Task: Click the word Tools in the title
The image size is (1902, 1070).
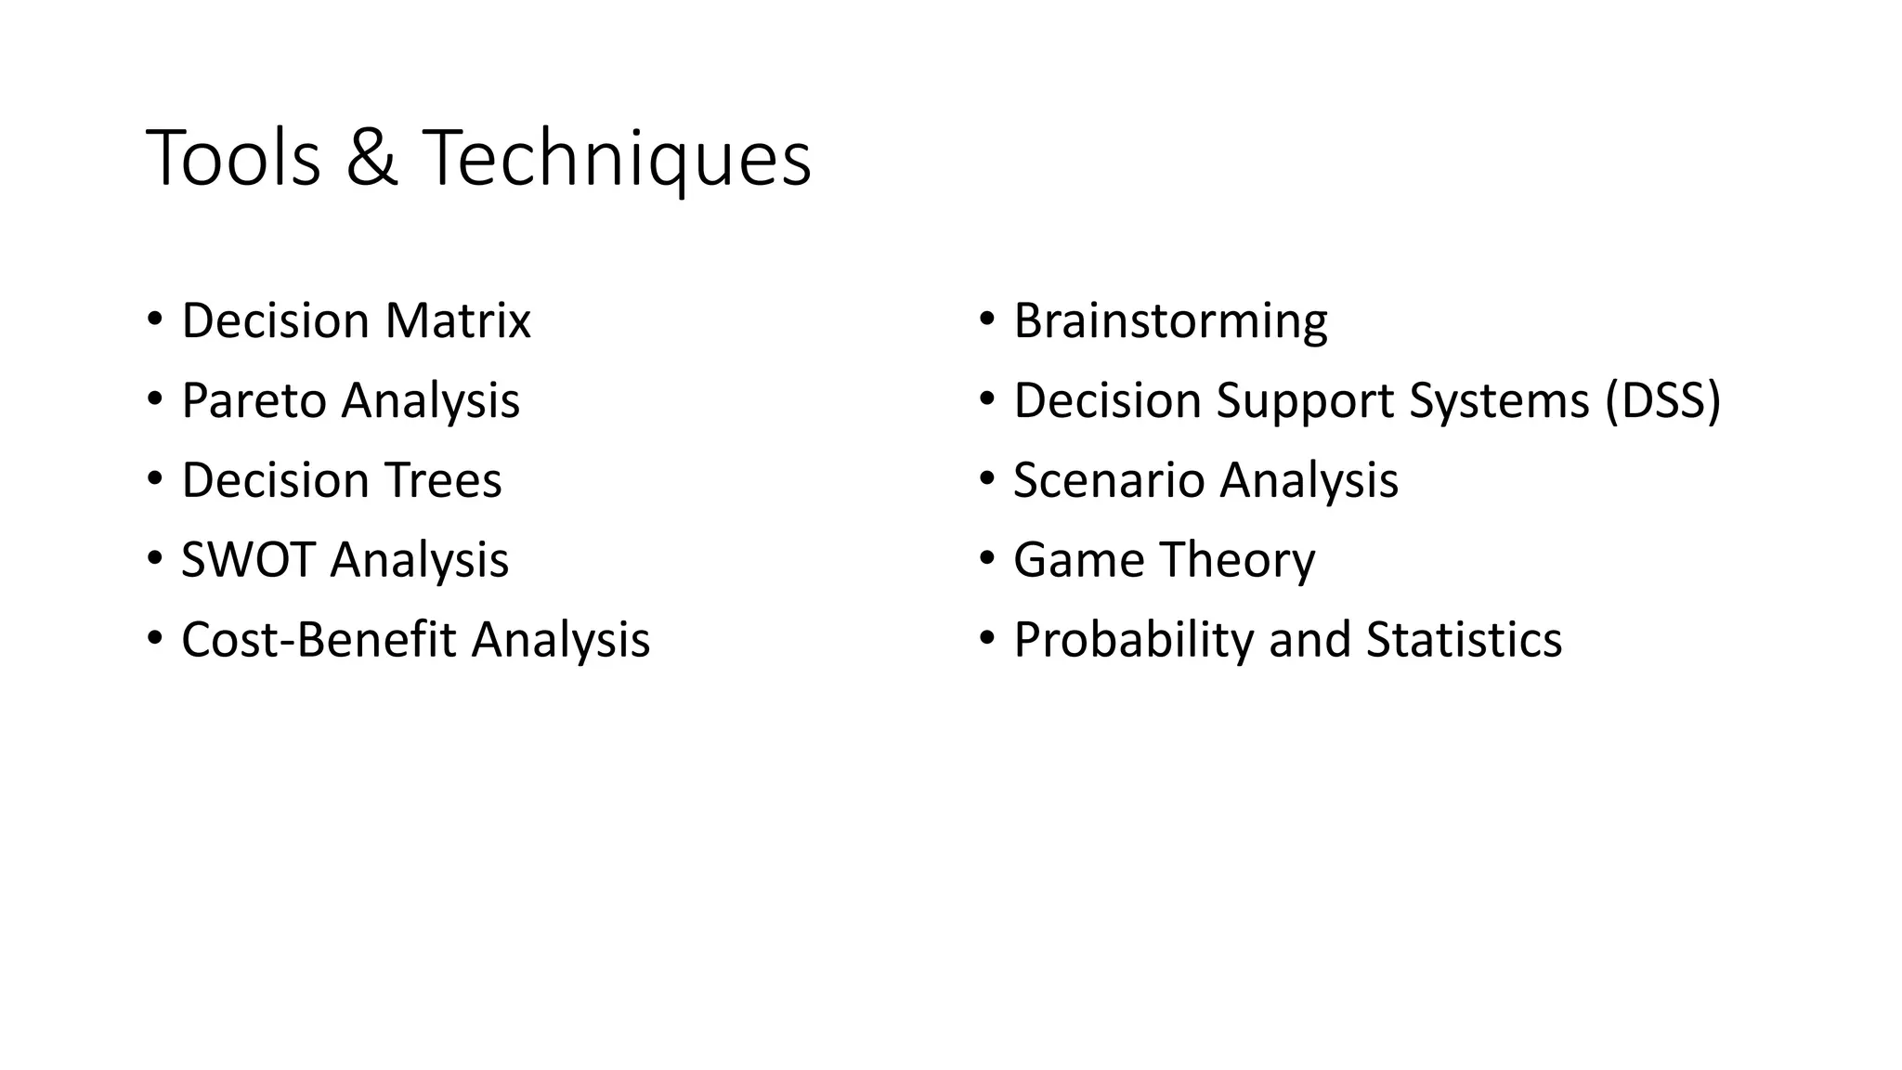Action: click(233, 158)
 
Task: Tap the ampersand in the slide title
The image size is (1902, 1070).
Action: click(371, 158)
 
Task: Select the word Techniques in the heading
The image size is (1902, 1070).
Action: click(617, 160)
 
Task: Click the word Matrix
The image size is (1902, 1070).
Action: click(457, 320)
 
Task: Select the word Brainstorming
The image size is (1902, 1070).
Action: click(1170, 321)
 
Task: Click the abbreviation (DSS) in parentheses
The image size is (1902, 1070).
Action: click(1662, 401)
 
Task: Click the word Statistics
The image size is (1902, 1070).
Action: click(1464, 640)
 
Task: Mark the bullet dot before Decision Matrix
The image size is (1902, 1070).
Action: click(154, 320)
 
